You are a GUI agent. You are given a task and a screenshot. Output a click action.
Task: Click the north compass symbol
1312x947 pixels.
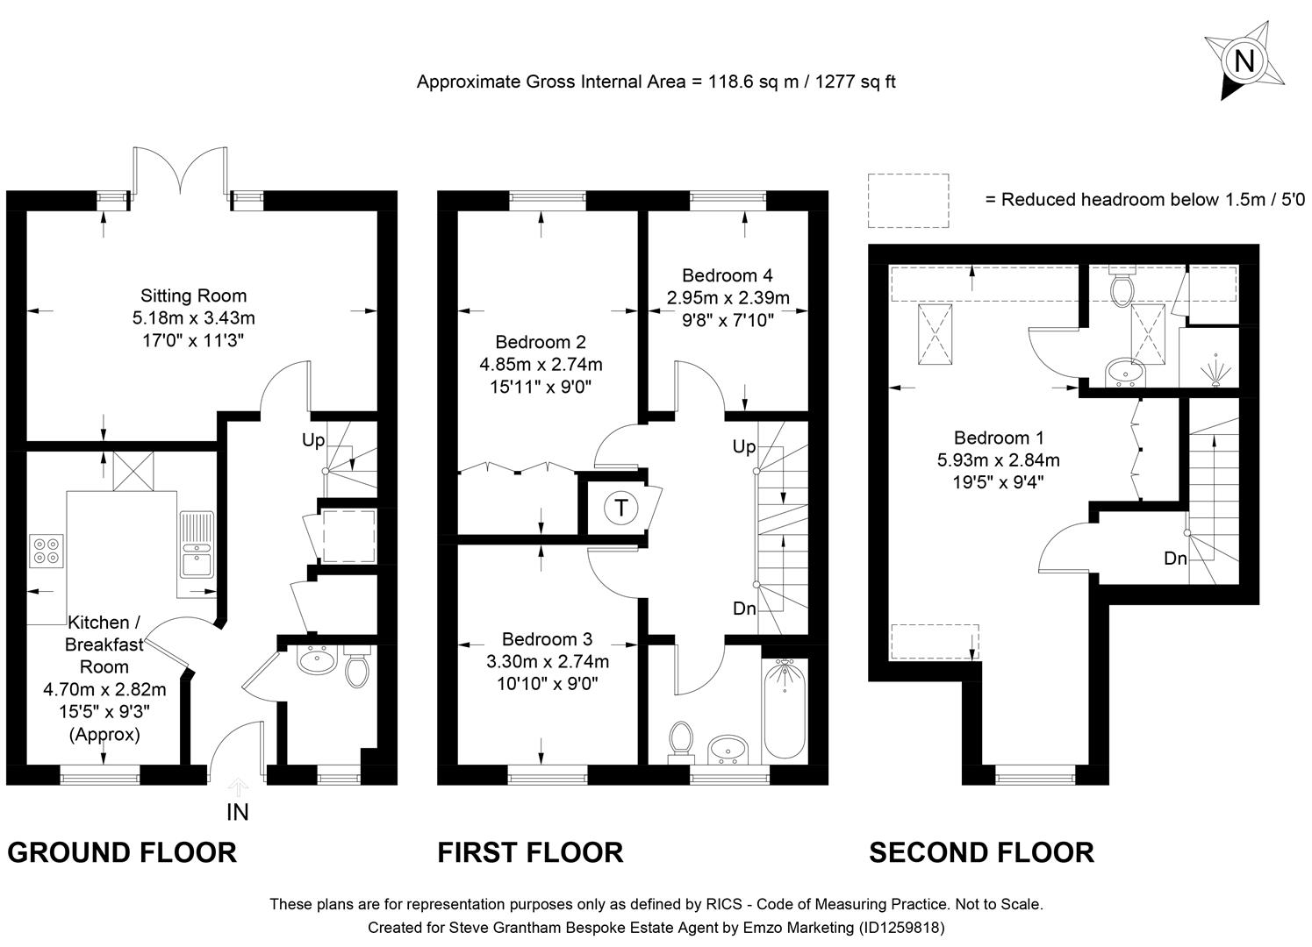(x=1244, y=61)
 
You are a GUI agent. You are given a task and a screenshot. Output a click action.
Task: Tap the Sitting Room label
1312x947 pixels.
(x=193, y=295)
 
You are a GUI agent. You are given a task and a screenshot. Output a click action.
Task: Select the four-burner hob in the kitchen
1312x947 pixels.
(x=47, y=550)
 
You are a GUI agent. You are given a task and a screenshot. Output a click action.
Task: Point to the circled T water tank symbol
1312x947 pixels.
(x=621, y=508)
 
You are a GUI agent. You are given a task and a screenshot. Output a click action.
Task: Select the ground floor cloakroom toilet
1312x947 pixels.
(x=356, y=669)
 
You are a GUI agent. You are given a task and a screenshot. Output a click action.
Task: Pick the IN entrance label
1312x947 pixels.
(x=238, y=813)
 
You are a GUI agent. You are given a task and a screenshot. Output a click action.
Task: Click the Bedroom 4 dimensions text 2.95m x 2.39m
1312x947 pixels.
(x=727, y=298)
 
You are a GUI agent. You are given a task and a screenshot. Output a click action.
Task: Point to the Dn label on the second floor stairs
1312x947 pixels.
(x=1175, y=558)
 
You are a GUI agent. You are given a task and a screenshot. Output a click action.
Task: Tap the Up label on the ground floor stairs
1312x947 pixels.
(x=313, y=440)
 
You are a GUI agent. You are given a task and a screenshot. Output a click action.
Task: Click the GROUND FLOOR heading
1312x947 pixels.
(x=122, y=852)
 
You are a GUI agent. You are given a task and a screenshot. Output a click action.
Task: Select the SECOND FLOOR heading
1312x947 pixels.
(x=981, y=852)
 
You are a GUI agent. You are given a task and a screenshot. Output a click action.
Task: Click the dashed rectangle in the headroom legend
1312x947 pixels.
(x=908, y=201)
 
